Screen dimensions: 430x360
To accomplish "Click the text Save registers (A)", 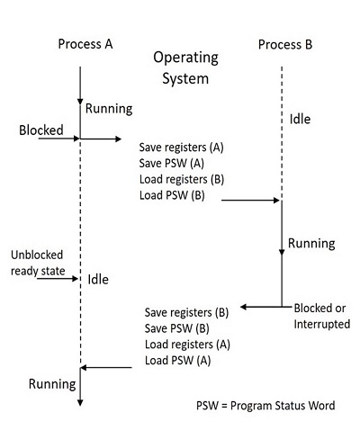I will coord(182,147).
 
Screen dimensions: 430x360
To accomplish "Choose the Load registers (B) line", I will coord(182,178).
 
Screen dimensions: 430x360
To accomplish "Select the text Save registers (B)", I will coord(187,312).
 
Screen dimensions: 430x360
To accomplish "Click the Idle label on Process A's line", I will coord(98,280).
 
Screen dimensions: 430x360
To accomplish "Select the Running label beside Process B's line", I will coord(311,243).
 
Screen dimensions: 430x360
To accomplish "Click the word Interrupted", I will coord(322,324).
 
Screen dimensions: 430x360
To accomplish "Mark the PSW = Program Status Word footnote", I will coord(265,406).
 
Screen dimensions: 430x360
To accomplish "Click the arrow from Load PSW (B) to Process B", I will coord(250,201).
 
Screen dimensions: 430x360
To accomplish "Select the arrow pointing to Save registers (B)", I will coord(261,308).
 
